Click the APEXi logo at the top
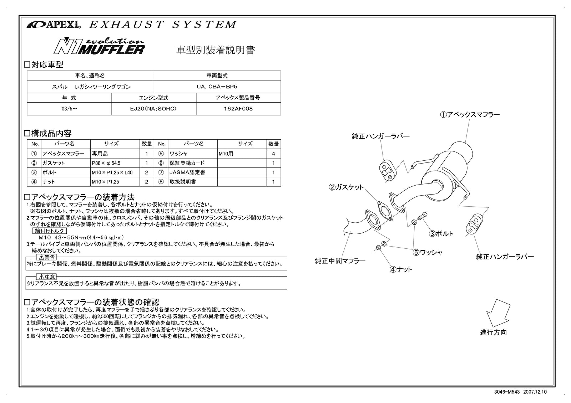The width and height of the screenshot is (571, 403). (x=54, y=25)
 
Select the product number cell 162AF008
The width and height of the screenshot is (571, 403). (x=238, y=109)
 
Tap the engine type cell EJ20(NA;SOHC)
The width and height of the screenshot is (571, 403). (x=153, y=109)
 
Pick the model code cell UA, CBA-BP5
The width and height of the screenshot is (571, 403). (x=217, y=87)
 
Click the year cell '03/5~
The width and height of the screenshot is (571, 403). (x=69, y=109)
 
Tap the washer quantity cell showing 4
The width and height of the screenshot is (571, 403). (x=273, y=154)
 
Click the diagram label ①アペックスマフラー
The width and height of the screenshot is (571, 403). (x=470, y=115)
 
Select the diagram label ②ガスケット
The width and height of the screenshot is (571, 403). (x=346, y=187)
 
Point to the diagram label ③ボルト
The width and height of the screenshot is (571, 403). (x=441, y=234)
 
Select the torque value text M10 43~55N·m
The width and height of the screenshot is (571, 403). (x=81, y=238)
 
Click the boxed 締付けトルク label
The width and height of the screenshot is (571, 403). (x=49, y=231)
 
